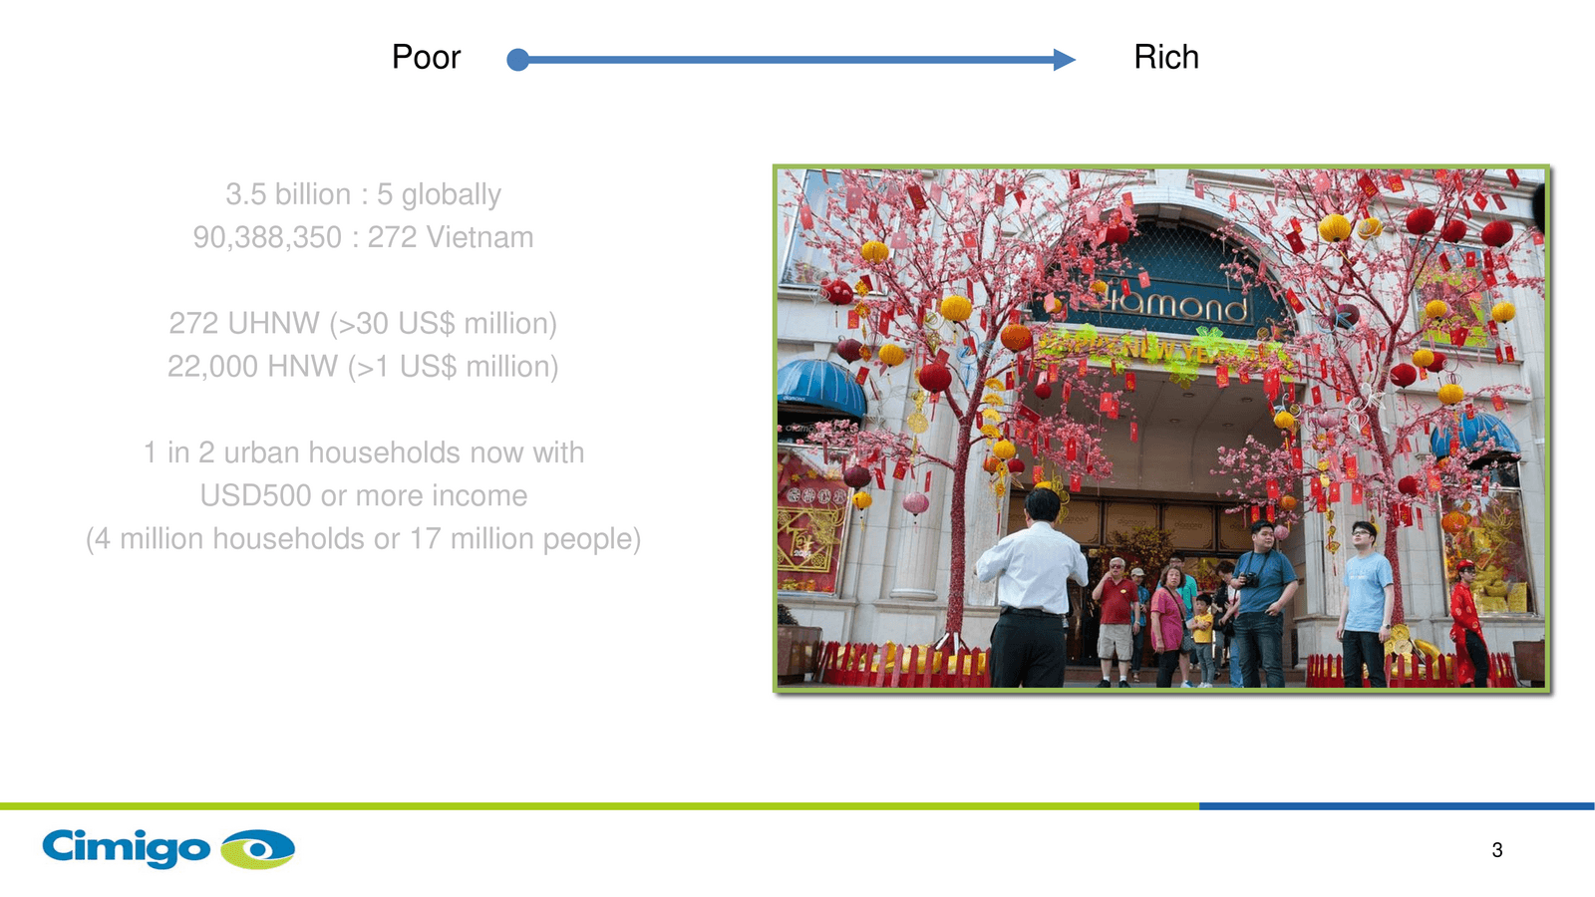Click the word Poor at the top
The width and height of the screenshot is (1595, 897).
click(426, 57)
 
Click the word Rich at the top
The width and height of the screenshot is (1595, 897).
click(1166, 57)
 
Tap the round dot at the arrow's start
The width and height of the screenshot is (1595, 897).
click(517, 60)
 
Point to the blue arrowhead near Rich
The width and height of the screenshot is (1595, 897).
click(1065, 60)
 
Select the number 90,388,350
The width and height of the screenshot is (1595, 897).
click(267, 238)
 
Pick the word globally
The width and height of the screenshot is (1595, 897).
click(452, 195)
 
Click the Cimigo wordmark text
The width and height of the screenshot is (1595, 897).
click(126, 847)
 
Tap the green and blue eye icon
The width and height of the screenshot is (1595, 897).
click(258, 848)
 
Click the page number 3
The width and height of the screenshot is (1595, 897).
click(1497, 850)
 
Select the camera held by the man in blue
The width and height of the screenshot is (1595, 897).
click(1250, 580)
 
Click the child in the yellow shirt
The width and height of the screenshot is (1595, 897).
click(1202, 639)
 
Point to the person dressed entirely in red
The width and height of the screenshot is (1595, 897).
click(1466, 623)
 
